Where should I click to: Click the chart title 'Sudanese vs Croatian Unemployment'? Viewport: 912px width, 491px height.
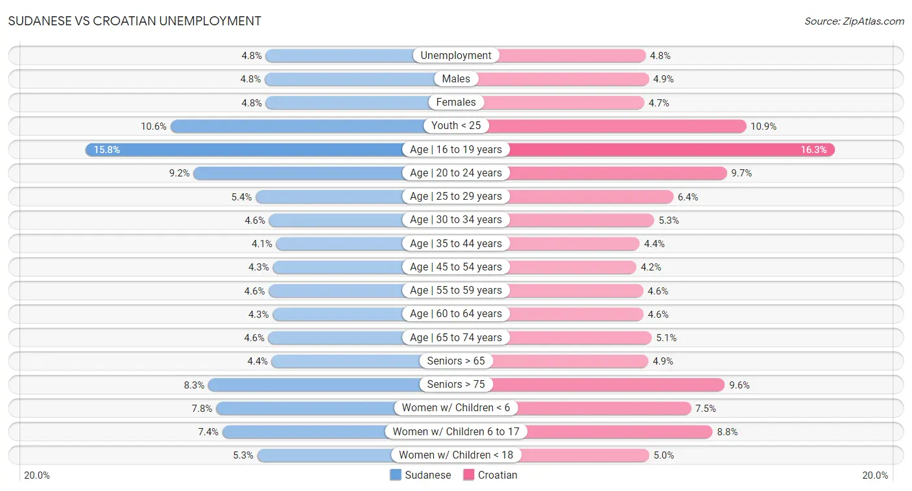coord(135,21)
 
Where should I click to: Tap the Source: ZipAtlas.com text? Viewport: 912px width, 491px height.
coord(854,21)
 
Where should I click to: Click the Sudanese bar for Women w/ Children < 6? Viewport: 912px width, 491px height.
coord(305,408)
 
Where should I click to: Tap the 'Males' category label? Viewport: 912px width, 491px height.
coord(456,79)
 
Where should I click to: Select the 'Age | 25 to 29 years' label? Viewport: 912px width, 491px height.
coord(456,197)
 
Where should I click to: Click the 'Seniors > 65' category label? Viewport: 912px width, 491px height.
coord(456,361)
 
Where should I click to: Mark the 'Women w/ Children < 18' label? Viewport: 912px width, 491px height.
coord(456,455)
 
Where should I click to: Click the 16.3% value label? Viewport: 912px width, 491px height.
coord(813,150)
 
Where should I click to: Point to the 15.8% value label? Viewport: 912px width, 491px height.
coord(107,150)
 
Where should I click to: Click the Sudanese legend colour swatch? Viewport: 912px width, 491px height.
coord(396,475)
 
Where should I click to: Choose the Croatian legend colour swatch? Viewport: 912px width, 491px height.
coord(469,475)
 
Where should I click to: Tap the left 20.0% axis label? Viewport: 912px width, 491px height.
coord(37,475)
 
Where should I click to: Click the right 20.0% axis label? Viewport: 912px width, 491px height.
coord(874,475)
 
